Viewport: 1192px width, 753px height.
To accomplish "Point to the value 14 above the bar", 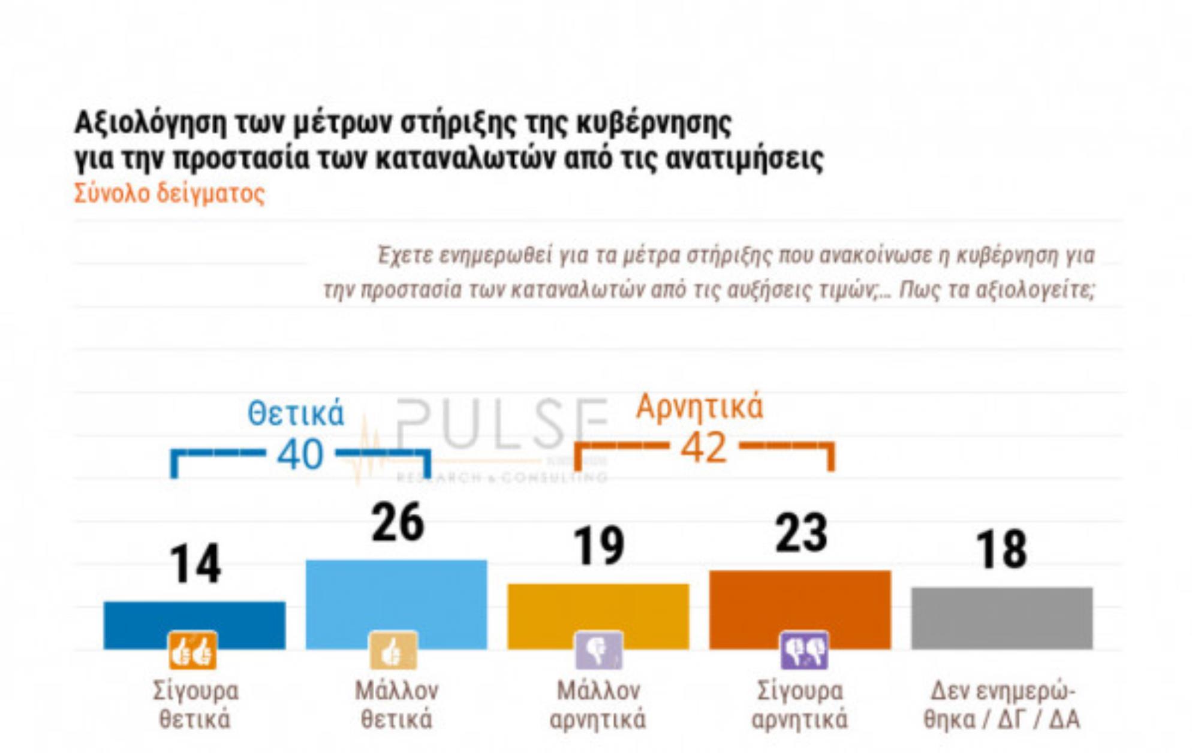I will point(195,565).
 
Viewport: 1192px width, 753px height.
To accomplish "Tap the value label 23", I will point(801,534).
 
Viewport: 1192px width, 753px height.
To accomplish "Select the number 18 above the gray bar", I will point(1001,550).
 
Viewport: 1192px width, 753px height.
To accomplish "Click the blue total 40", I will point(300,454).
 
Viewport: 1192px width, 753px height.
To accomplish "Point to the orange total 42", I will point(703,447).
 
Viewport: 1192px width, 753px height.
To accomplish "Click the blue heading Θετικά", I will point(296,414).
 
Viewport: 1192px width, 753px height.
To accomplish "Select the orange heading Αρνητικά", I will point(699,406).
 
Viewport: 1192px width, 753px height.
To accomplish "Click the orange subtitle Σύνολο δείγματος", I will point(169,194).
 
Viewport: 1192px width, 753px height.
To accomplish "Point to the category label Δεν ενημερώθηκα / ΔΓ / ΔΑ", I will point(1001,706).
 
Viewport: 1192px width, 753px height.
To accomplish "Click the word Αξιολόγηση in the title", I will point(150,124).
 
